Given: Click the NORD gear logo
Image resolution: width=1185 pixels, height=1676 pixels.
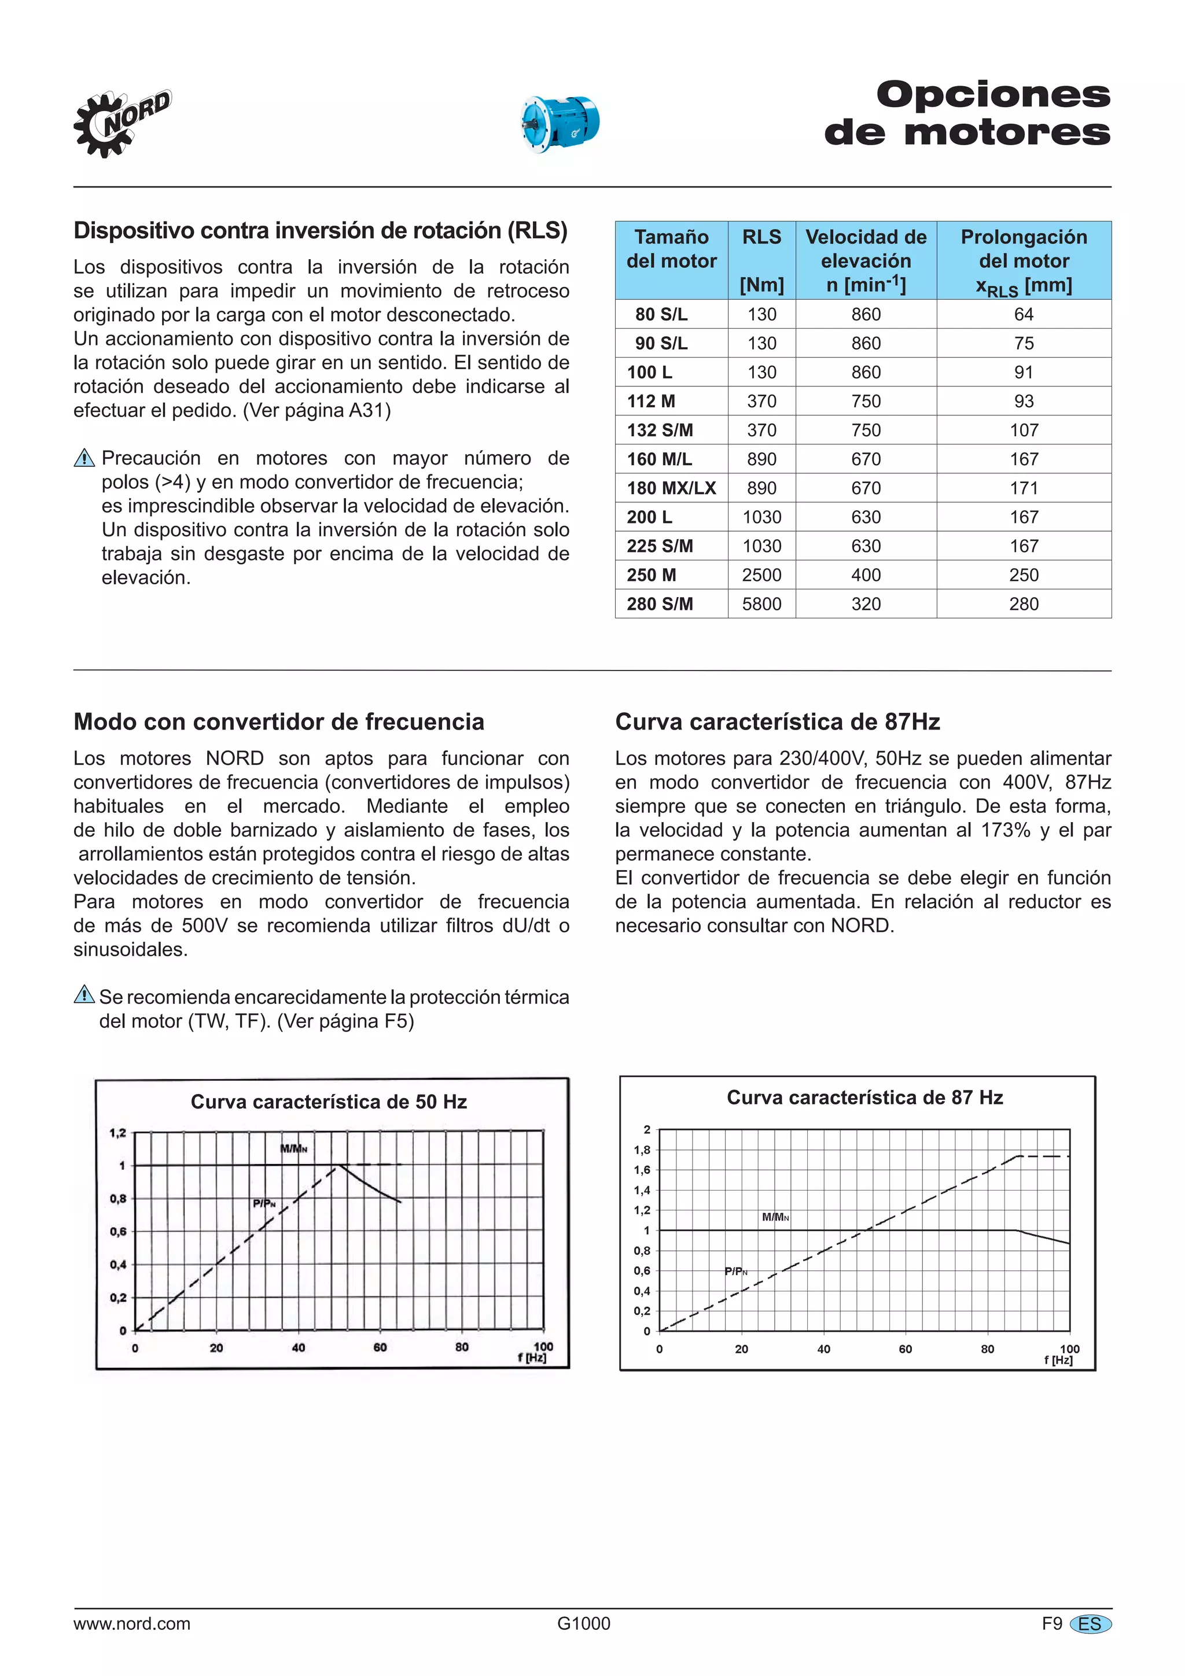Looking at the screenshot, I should (x=120, y=123).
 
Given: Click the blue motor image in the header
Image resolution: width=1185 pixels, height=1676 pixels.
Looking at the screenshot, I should (x=558, y=123).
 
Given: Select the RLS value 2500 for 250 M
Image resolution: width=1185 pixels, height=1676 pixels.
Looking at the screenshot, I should (x=761, y=575).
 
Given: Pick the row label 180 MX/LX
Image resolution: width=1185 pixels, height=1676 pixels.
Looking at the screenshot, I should (x=671, y=488).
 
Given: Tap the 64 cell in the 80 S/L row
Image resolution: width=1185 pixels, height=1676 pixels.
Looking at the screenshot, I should (x=1023, y=315).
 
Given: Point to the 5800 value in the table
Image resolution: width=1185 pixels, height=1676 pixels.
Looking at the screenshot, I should (x=761, y=605).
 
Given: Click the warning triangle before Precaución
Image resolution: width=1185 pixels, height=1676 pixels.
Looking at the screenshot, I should (x=84, y=458).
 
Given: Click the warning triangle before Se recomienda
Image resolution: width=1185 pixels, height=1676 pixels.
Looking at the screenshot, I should (x=84, y=995).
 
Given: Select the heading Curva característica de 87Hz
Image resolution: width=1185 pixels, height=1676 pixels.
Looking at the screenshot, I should (x=777, y=722).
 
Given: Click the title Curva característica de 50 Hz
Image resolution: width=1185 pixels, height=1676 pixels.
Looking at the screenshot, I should (x=329, y=1102).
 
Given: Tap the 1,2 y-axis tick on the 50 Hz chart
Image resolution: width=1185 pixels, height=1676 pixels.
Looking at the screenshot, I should (x=117, y=1133).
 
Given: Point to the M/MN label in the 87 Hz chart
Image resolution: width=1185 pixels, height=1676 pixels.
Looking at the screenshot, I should (x=775, y=1217).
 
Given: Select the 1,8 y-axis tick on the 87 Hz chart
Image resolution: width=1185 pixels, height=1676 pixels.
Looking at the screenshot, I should (x=642, y=1150).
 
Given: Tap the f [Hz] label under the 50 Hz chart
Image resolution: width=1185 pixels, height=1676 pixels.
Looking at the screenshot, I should (x=532, y=1358).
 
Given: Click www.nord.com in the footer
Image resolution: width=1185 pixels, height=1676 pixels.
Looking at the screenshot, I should (x=131, y=1623).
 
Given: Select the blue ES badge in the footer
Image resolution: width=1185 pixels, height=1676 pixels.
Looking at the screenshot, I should (x=1090, y=1624).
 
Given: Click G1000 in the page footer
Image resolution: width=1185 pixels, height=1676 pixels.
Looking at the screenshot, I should (x=583, y=1623).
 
